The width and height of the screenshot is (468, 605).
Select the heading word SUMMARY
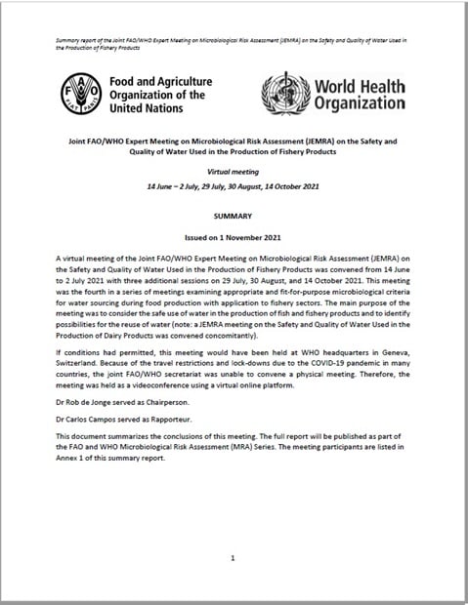click(x=234, y=211)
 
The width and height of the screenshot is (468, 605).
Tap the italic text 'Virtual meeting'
click(x=234, y=168)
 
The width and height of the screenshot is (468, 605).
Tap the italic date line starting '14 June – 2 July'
click(x=234, y=184)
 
